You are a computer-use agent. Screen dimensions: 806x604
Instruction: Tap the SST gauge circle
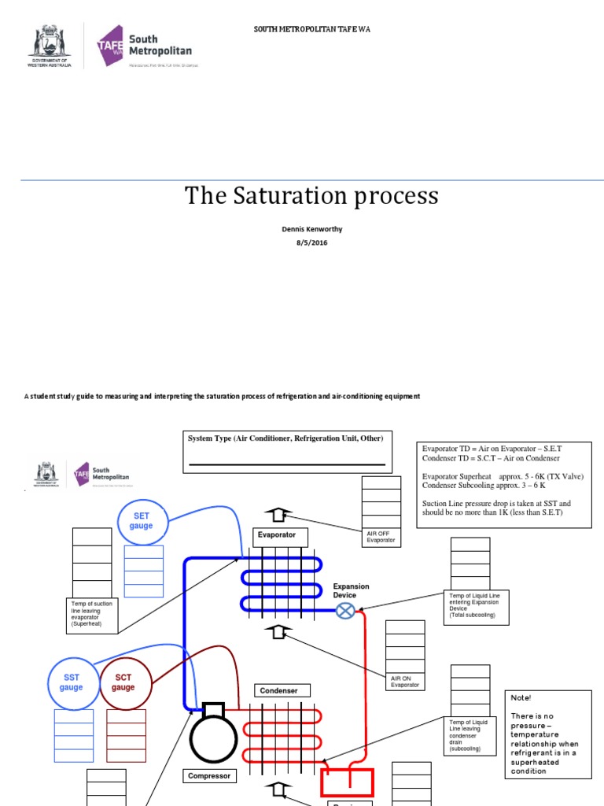(71, 682)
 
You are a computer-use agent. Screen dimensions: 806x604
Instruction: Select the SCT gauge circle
(123, 682)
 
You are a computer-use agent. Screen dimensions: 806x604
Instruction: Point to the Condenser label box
(279, 690)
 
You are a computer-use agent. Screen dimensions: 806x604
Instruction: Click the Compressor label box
(210, 776)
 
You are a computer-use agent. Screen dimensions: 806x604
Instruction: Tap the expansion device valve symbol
(344, 610)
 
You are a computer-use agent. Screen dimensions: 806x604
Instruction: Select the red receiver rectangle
(346, 783)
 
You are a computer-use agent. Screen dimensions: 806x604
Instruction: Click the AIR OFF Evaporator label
(384, 537)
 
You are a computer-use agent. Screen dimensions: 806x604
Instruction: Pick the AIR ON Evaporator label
(405, 681)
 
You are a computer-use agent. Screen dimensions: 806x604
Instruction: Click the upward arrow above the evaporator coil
(276, 516)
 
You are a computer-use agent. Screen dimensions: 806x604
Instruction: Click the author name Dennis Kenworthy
(311, 230)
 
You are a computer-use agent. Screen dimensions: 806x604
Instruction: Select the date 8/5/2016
(311, 243)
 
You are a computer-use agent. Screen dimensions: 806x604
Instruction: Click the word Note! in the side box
(521, 698)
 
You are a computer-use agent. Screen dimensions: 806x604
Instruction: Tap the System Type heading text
(285, 438)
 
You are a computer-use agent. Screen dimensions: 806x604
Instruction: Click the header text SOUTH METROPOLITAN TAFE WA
(311, 29)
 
